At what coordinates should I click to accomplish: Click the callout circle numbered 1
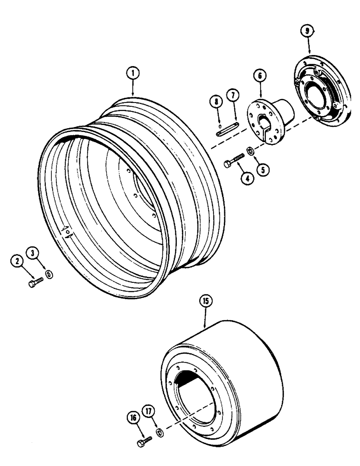click(133, 73)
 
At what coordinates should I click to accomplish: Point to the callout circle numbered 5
click(264, 171)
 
